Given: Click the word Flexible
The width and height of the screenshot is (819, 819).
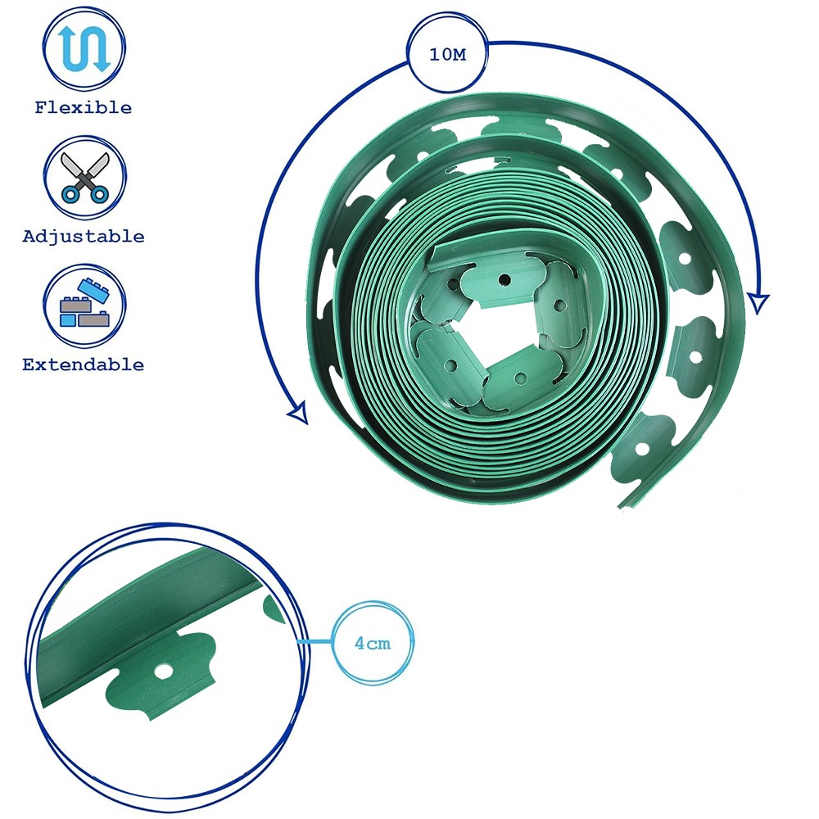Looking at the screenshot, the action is (x=83, y=107).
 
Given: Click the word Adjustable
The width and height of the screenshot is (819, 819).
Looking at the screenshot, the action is (x=83, y=237).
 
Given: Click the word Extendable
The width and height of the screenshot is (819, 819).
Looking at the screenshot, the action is (x=83, y=364).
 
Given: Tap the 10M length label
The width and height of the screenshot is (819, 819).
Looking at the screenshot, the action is (x=447, y=54).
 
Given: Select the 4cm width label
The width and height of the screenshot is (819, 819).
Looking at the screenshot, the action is (x=373, y=643).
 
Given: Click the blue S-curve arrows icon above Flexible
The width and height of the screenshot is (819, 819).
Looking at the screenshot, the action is (x=84, y=49).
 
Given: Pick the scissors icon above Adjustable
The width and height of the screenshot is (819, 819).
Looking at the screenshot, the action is (x=84, y=177).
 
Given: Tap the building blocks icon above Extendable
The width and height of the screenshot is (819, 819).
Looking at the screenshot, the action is (x=85, y=304).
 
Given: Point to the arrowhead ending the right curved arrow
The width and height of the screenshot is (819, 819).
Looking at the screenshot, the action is (x=758, y=303).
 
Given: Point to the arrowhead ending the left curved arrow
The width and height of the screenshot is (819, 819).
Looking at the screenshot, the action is (x=299, y=413).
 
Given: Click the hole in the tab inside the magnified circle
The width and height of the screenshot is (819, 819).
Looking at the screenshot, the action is (x=164, y=672).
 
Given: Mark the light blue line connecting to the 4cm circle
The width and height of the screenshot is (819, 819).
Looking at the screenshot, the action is (x=314, y=641).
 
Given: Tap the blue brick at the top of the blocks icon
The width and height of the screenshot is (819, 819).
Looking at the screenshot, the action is (x=93, y=289).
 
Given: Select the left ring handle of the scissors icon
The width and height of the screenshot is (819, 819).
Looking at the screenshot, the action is (x=70, y=195).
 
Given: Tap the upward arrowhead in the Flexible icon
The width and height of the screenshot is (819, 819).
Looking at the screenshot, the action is (x=66, y=33).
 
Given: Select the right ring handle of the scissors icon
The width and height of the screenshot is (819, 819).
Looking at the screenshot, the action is (x=99, y=195).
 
